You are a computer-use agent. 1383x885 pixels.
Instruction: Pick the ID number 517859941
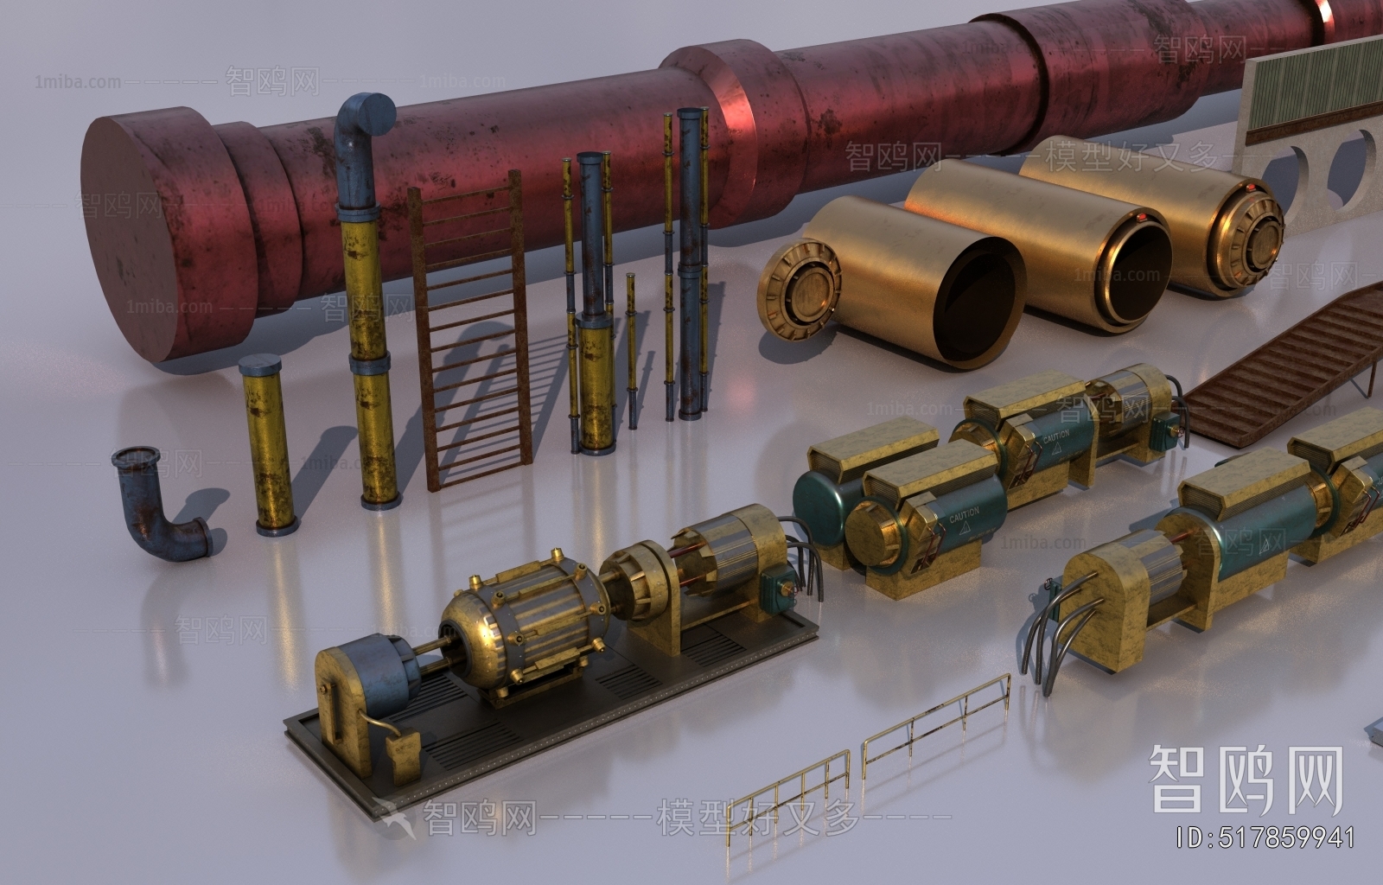tap(1266, 837)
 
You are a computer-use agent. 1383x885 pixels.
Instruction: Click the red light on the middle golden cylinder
tap(1144, 216)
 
